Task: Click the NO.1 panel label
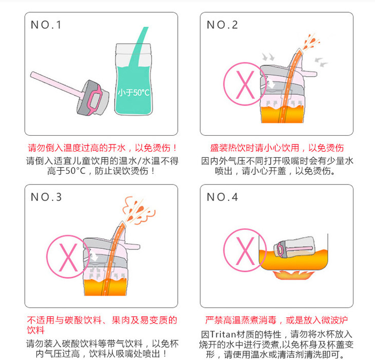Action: point(46,25)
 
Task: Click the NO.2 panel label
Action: point(222,25)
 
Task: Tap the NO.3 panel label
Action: point(46,197)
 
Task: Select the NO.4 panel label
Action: point(222,197)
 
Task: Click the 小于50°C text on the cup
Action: point(134,93)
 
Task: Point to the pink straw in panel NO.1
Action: point(57,85)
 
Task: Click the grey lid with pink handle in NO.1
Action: point(93,98)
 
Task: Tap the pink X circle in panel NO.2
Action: point(245,84)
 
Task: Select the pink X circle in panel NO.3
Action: point(68,256)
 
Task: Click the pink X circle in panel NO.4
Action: point(245,250)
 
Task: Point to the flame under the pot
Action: point(293,275)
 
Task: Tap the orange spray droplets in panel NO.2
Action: point(311,42)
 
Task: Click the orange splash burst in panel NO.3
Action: point(139,210)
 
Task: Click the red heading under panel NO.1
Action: point(102,148)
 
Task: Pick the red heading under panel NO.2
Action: point(277,148)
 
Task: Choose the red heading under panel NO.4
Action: point(276,320)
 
